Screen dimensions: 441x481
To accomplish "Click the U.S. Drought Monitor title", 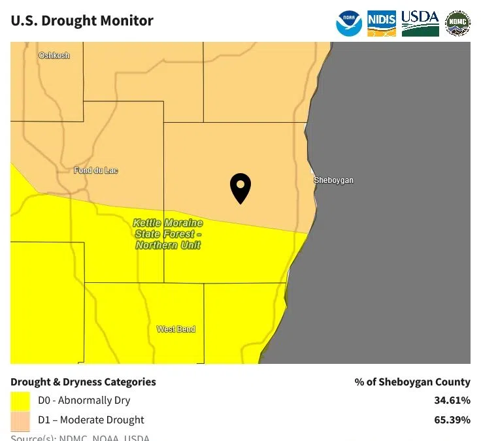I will pyautogui.click(x=82, y=20).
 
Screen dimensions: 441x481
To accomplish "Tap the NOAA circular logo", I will pyautogui.click(x=349, y=23).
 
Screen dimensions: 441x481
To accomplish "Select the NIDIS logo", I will pyautogui.click(x=382, y=23).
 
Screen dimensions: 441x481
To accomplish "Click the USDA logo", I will pyautogui.click(x=420, y=23).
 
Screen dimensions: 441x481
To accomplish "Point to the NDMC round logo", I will pyautogui.click(x=457, y=23).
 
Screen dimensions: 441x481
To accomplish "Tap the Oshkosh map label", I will pyautogui.click(x=54, y=56).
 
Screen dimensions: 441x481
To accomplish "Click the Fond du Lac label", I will pyautogui.click(x=96, y=171).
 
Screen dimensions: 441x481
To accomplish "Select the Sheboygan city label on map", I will pyautogui.click(x=333, y=180).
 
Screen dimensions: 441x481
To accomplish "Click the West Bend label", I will pyautogui.click(x=176, y=329).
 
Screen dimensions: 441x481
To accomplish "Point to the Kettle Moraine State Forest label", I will pyautogui.click(x=168, y=234).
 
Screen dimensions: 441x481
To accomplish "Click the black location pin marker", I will pyautogui.click(x=241, y=188).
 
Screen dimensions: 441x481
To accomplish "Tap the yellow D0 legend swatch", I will pyautogui.click(x=20, y=400).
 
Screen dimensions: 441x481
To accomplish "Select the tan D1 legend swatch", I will pyautogui.click(x=20, y=420).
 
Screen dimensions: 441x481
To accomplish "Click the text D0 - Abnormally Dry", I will pyautogui.click(x=84, y=400).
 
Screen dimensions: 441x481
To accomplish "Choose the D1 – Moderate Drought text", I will pyautogui.click(x=91, y=420).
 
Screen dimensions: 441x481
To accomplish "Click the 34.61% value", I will pyautogui.click(x=452, y=400).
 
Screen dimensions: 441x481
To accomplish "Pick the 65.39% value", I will pyautogui.click(x=452, y=420).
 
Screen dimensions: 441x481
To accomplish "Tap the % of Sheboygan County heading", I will pyautogui.click(x=412, y=382).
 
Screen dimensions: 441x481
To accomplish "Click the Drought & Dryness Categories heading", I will pyautogui.click(x=83, y=382).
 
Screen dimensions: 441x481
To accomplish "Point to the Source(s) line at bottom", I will pyautogui.click(x=80, y=437).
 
